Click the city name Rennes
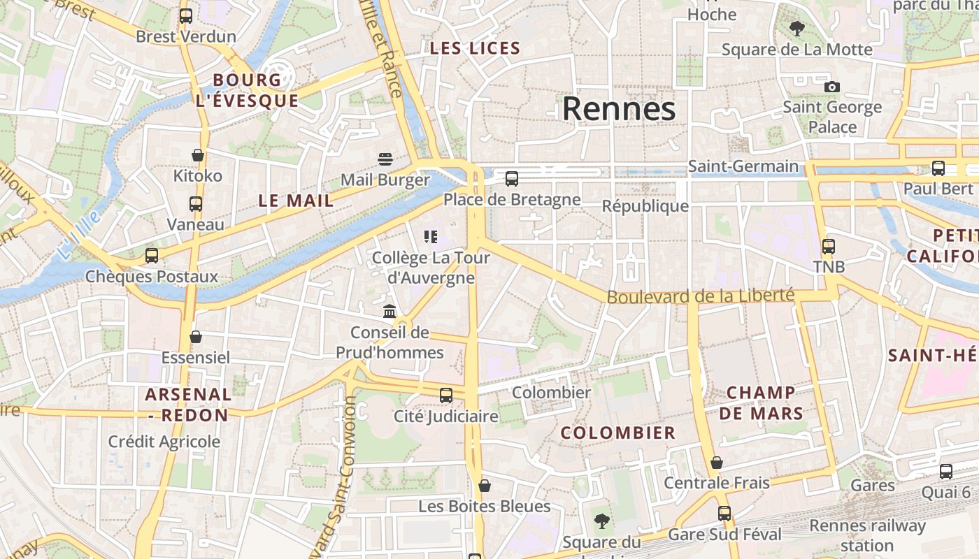click(619, 109)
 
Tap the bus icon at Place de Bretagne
click(512, 179)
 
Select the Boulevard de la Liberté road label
click(700, 296)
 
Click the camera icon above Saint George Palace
click(831, 87)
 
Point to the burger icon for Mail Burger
click(385, 159)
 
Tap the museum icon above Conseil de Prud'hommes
click(390, 311)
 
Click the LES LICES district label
click(475, 48)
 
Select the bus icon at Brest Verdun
click(186, 16)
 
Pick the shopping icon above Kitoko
click(198, 155)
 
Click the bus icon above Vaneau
click(196, 204)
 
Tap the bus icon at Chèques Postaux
click(152, 256)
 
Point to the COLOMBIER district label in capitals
click(618, 433)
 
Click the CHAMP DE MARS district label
click(761, 402)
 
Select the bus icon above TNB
click(829, 247)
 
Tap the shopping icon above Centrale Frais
click(717, 463)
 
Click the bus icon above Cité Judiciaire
click(446, 395)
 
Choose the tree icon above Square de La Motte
click(796, 29)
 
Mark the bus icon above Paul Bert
click(938, 168)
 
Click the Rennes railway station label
click(867, 535)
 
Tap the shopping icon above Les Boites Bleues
click(485, 485)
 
